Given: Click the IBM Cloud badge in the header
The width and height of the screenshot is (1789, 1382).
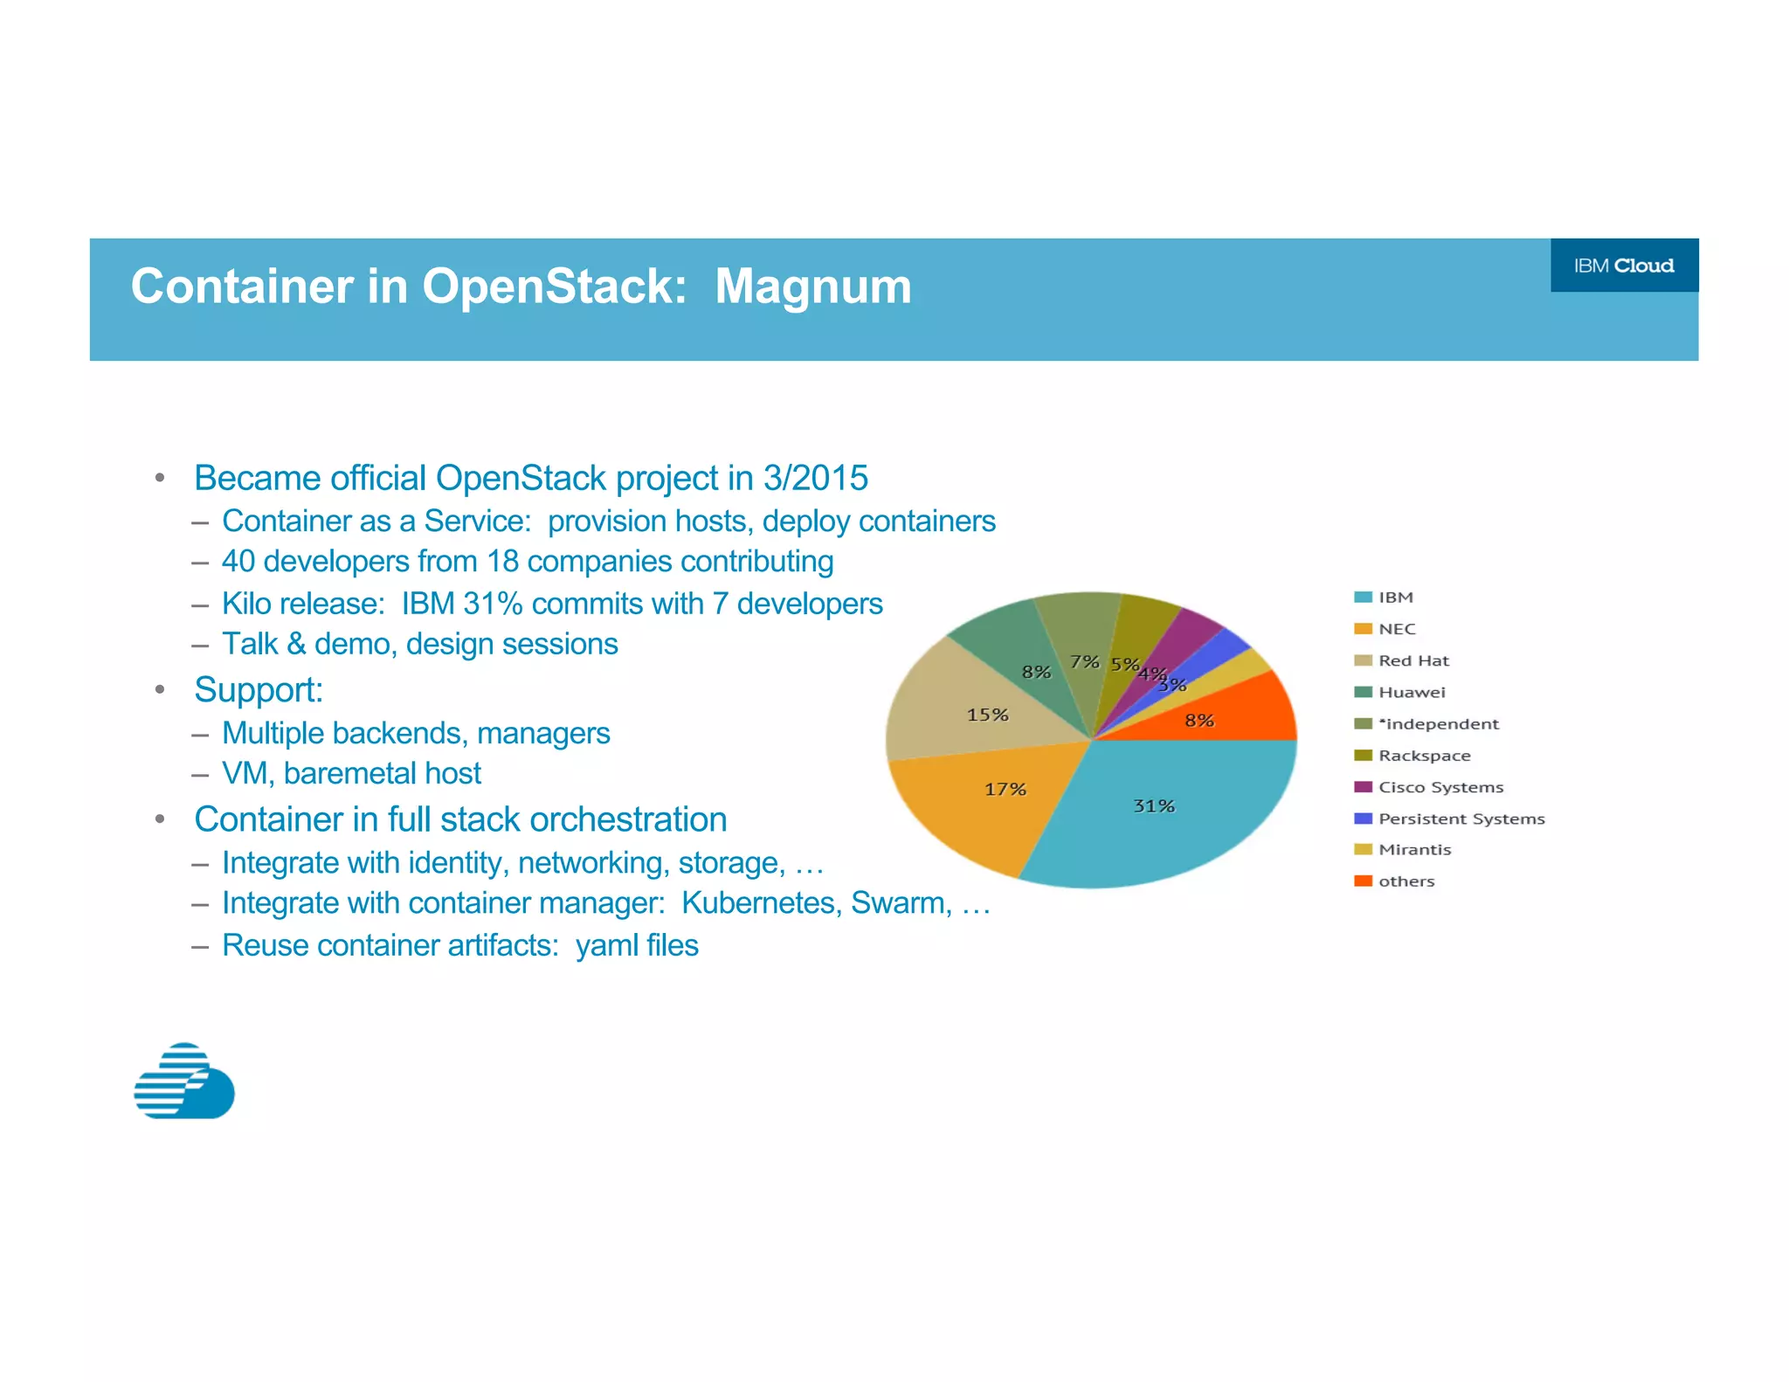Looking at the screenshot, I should click(x=1623, y=266).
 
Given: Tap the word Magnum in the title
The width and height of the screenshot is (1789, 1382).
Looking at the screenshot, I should click(x=812, y=287).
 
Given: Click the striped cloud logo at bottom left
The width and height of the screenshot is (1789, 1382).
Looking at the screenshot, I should click(x=184, y=1081).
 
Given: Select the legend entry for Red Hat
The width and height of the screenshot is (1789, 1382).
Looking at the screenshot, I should click(x=1413, y=660).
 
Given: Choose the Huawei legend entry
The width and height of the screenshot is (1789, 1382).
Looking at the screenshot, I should click(x=1411, y=692).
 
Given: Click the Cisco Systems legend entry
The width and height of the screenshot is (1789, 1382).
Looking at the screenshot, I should click(x=1440, y=787).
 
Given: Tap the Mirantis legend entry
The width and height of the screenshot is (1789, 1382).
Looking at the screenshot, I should click(x=1413, y=849).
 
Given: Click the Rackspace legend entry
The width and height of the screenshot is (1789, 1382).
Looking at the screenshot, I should click(x=1423, y=756).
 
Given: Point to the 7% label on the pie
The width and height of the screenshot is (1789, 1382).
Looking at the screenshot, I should click(x=1084, y=661).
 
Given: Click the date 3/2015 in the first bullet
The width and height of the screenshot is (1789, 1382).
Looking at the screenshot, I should click(x=815, y=478).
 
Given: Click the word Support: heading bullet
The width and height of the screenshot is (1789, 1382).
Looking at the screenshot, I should click(x=259, y=690).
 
